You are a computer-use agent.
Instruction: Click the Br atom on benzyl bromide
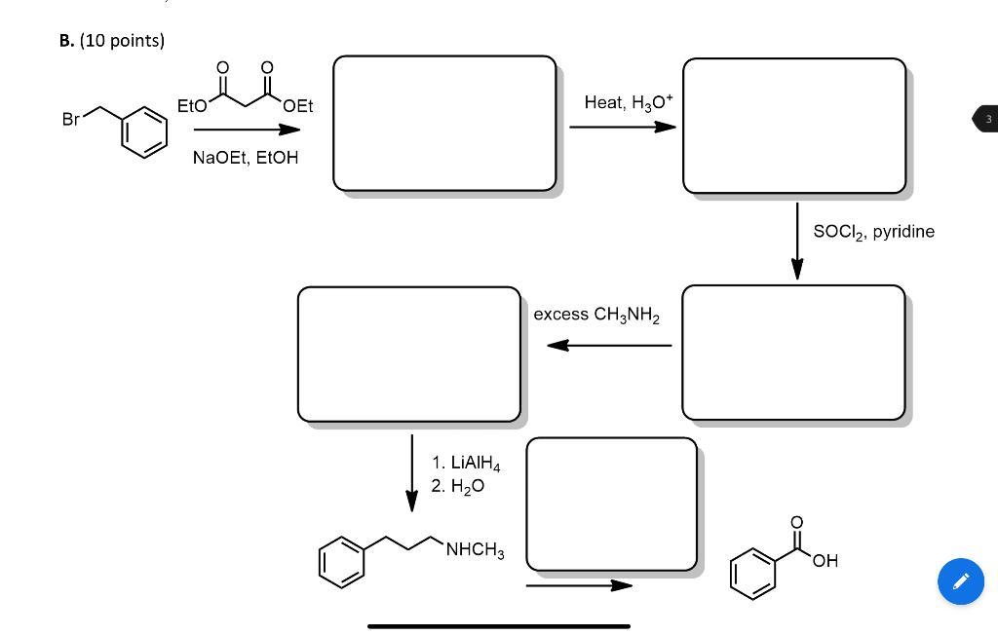click(x=70, y=120)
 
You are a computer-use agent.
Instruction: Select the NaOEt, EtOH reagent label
click(x=246, y=158)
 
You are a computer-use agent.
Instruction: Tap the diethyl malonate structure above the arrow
click(x=246, y=90)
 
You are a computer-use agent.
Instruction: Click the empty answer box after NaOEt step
click(x=444, y=123)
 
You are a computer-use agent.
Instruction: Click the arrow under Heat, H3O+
click(x=622, y=127)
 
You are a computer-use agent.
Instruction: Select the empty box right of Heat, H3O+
click(x=793, y=126)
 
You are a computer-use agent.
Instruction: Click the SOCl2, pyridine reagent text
click(x=873, y=232)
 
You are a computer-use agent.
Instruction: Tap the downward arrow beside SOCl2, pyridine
click(x=797, y=241)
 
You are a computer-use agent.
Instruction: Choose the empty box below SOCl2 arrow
click(x=793, y=353)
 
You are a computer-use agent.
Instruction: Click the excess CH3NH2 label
click(x=596, y=315)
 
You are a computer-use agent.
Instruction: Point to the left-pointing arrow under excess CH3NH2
click(x=608, y=345)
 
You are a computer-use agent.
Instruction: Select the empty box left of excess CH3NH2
click(x=409, y=355)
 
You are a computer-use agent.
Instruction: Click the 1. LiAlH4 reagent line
click(x=466, y=463)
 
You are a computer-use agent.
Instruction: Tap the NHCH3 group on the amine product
click(x=475, y=552)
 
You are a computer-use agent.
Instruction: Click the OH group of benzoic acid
click(x=825, y=561)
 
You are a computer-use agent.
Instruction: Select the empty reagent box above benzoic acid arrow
click(x=611, y=504)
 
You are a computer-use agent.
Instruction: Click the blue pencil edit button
click(x=960, y=581)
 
